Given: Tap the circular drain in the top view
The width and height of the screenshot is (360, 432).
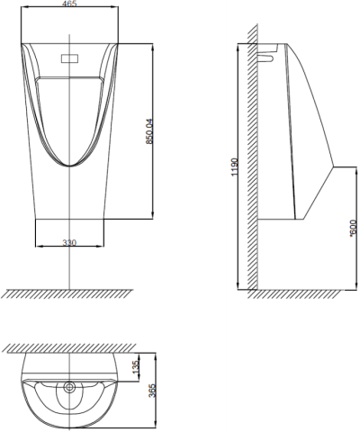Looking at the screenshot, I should click(x=70, y=389).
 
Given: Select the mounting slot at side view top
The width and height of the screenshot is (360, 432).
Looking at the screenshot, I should click(x=267, y=58).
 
